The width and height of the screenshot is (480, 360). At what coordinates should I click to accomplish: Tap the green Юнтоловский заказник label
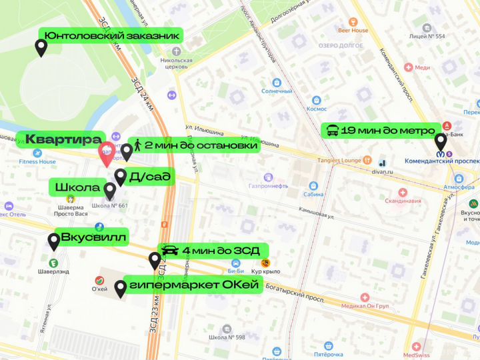click(111, 36)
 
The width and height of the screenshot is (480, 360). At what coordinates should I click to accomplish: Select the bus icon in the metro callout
click(331, 130)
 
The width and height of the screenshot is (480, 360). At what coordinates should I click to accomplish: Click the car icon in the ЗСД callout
click(170, 251)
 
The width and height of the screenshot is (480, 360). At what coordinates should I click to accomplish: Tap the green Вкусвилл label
click(93, 237)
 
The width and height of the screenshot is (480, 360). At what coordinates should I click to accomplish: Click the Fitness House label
click(37, 161)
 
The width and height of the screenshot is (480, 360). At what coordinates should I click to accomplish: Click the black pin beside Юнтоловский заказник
click(41, 48)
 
